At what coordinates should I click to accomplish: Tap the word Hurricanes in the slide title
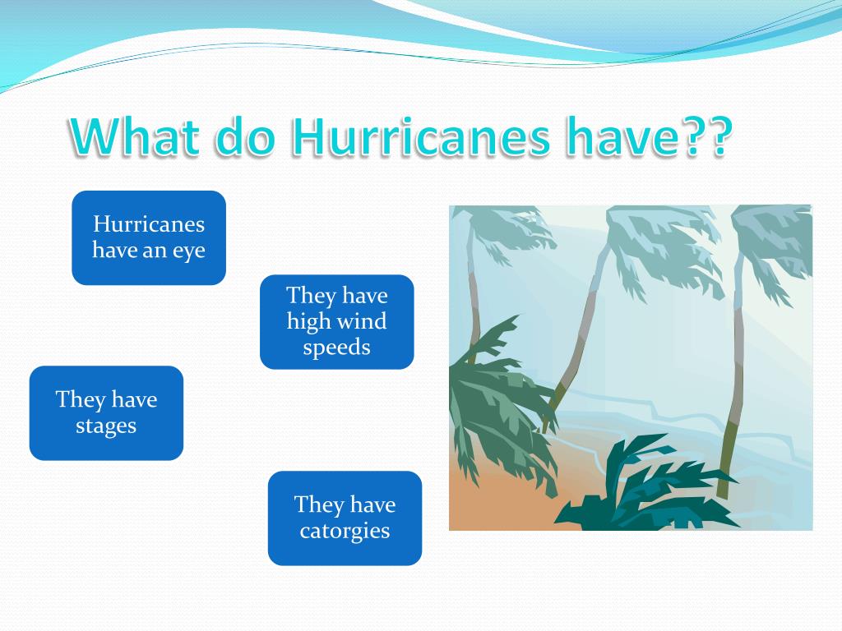pyautogui.click(x=420, y=136)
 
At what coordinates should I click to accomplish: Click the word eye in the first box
pyautogui.click(x=189, y=251)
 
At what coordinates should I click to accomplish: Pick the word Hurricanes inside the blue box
pyautogui.click(x=149, y=223)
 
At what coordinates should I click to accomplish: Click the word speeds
pyautogui.click(x=336, y=348)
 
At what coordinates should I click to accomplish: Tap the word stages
pyautogui.click(x=106, y=426)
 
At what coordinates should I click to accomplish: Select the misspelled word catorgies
pyautogui.click(x=345, y=532)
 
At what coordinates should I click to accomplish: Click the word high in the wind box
pyautogui.click(x=308, y=321)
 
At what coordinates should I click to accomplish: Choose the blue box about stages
pyautogui.click(x=106, y=413)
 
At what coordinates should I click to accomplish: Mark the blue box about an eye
pyautogui.click(x=149, y=237)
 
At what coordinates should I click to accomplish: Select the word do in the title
pyautogui.click(x=246, y=136)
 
